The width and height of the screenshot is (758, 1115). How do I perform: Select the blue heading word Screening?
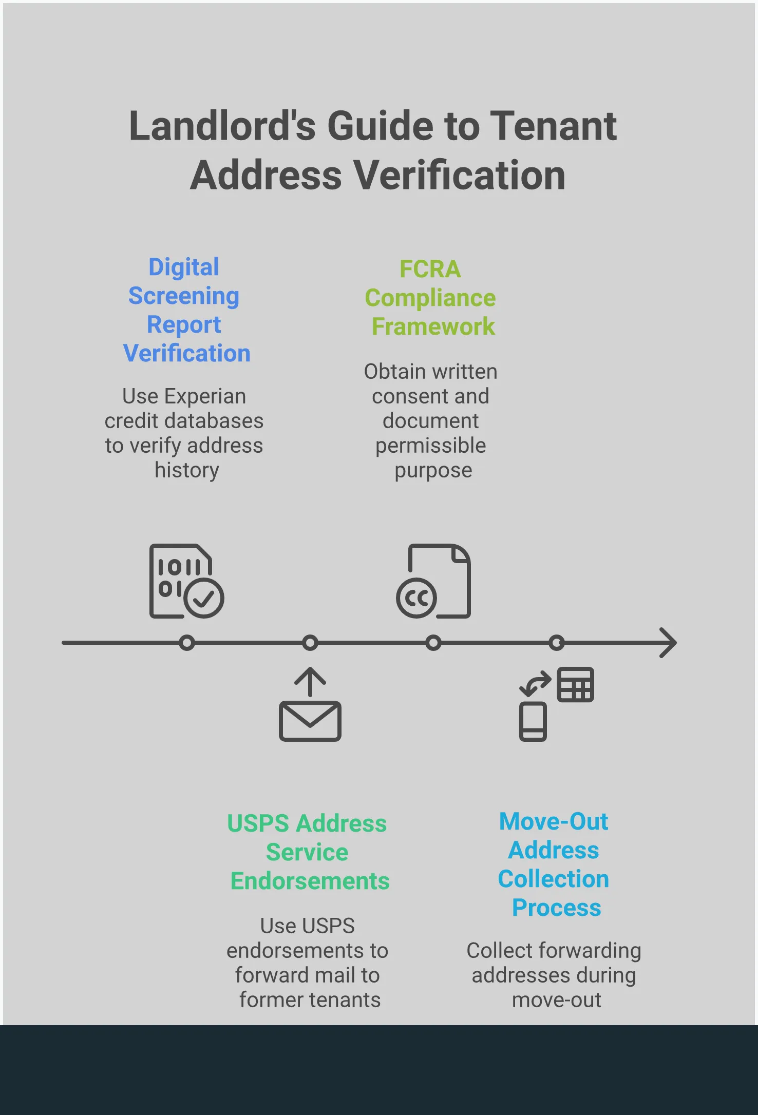click(184, 296)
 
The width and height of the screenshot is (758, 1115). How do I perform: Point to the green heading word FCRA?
click(430, 269)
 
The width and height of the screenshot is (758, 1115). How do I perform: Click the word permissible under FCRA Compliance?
click(430, 446)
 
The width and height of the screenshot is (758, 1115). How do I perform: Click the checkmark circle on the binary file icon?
click(204, 598)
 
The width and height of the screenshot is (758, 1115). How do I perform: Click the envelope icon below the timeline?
click(310, 721)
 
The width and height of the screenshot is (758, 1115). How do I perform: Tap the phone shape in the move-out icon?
click(533, 721)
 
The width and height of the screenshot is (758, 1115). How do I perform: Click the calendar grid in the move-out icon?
click(576, 684)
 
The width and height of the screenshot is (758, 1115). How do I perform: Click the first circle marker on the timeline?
click(187, 643)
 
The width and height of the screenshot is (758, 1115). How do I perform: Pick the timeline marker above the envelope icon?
click(310, 643)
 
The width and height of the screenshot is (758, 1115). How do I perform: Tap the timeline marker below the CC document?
click(433, 643)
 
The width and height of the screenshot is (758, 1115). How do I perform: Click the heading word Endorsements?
click(310, 881)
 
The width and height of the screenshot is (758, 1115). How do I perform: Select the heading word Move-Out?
click(554, 822)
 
